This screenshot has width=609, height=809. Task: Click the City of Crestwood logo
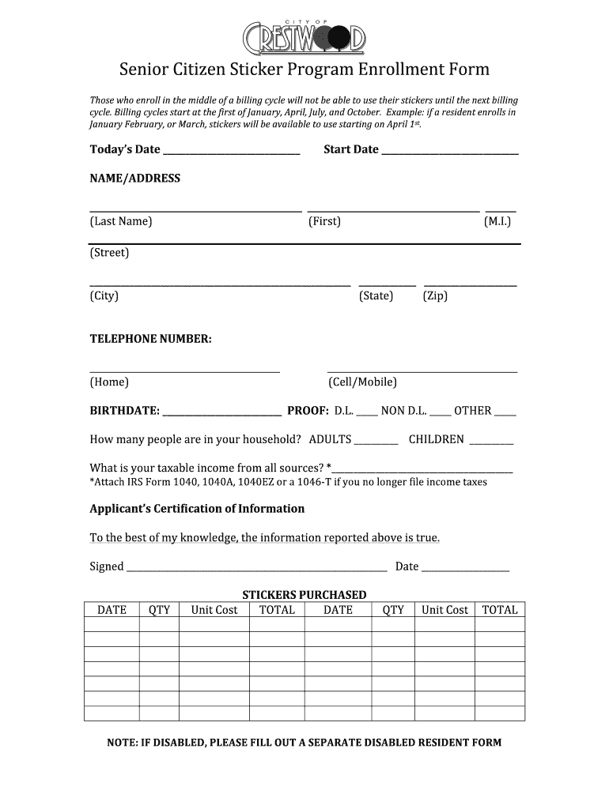pyautogui.click(x=304, y=36)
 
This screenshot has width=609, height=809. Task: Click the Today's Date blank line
pyautogui.click(x=231, y=152)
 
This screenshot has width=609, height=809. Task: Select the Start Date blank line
pyautogui.click(x=450, y=152)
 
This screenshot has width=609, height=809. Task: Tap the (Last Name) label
pyautogui.click(x=121, y=221)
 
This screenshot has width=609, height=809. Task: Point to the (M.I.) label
pyautogui.click(x=497, y=221)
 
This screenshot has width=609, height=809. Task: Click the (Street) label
pyautogui.click(x=109, y=253)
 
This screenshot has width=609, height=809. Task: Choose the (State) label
pyautogui.click(x=376, y=295)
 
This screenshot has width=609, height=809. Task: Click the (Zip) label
pyautogui.click(x=435, y=295)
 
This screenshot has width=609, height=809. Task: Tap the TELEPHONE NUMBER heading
pyautogui.click(x=150, y=339)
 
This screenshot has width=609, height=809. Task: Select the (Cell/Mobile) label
pyautogui.click(x=362, y=382)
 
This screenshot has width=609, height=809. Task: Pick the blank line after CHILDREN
pyautogui.click(x=491, y=442)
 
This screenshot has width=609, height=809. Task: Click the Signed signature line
pyautogui.click(x=257, y=568)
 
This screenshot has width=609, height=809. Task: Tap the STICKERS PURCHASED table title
pyautogui.click(x=304, y=595)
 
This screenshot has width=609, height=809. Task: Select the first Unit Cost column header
pyautogui.click(x=214, y=610)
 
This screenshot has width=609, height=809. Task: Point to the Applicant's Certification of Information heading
pyautogui.click(x=197, y=509)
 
